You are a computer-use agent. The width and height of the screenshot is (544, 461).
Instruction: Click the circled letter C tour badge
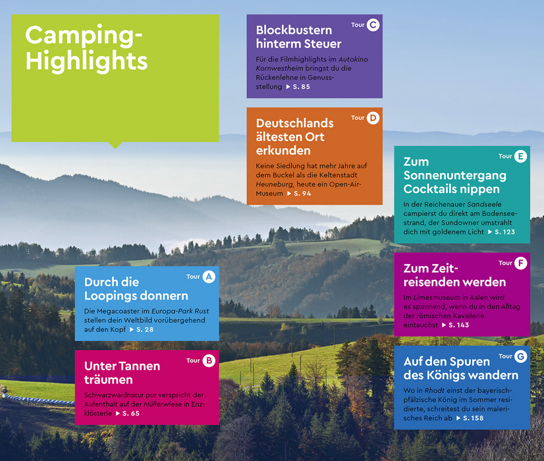click(x=373, y=25)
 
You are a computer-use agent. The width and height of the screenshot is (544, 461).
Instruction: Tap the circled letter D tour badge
click(x=373, y=118)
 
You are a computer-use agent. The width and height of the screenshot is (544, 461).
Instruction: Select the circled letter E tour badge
click(x=520, y=157)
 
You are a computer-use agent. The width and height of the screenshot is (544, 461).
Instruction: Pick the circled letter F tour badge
click(x=520, y=263)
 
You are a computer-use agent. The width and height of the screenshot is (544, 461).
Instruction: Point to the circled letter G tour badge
click(x=520, y=356)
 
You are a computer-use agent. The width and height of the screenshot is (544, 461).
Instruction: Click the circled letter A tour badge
click(x=209, y=277)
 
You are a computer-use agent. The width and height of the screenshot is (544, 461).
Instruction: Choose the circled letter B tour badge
click(x=209, y=361)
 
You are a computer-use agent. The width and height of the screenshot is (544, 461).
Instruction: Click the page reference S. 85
click(x=302, y=87)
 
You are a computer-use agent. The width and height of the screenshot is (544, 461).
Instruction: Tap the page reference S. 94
click(x=302, y=194)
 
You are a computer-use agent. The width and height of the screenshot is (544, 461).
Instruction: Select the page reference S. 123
click(x=504, y=232)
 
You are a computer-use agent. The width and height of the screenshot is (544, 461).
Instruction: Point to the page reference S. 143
click(x=458, y=325)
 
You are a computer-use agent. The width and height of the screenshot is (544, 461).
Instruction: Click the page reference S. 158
click(x=474, y=418)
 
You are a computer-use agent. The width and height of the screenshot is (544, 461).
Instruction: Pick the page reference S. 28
click(x=145, y=329)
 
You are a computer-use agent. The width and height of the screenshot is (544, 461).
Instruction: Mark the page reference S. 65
click(x=131, y=414)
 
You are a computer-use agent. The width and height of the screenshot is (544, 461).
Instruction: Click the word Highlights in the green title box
click(x=87, y=61)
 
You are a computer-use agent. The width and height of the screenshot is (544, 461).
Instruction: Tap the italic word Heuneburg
click(x=274, y=184)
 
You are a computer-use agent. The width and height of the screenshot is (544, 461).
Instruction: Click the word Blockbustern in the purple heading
click(x=294, y=30)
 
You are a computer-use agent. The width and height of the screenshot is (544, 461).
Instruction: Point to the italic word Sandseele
click(x=484, y=204)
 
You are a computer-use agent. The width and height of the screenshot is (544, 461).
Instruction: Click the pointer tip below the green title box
click(x=115, y=149)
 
